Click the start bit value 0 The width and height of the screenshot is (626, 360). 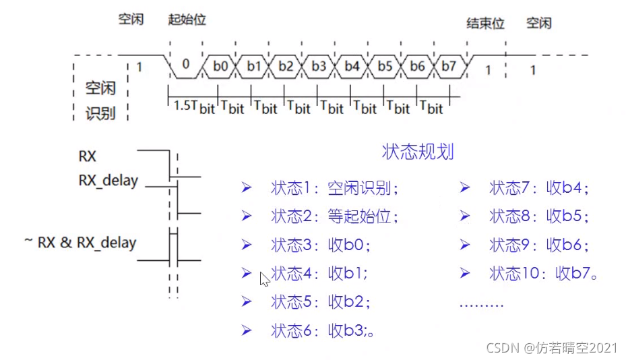pos(185,66)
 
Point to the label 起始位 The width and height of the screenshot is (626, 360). pos(187,20)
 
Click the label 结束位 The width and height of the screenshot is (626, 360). pos(486,24)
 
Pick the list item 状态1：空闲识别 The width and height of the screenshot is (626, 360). pos(334,188)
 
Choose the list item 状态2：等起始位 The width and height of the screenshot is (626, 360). pos(334,216)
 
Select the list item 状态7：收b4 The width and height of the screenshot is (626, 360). pos(539,188)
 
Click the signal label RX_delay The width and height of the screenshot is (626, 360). pos(108,181)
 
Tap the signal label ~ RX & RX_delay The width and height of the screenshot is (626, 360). pos(80,243)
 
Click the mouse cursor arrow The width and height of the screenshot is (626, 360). pos(264,278)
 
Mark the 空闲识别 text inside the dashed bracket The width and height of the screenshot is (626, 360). pos(100,100)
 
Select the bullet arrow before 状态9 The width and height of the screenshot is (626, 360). pos(464,245)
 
